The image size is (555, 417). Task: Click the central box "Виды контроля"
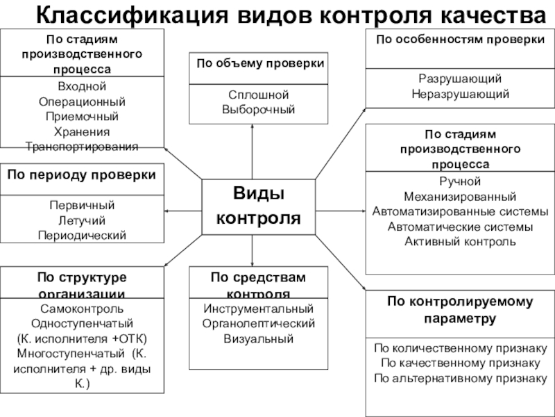pyautogui.click(x=258, y=206)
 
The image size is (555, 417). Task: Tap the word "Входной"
pyautogui.click(x=82, y=86)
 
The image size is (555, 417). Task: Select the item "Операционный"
pyautogui.click(x=82, y=101)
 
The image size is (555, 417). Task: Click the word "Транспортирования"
pyautogui.click(x=82, y=146)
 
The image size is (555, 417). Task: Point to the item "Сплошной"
pyautogui.click(x=258, y=95)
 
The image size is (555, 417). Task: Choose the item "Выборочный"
pyautogui.click(x=258, y=110)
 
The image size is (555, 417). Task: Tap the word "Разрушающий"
pyautogui.click(x=459, y=79)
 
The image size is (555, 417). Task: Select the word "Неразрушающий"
pyautogui.click(x=459, y=94)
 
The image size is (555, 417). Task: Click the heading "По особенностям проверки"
pyautogui.click(x=459, y=40)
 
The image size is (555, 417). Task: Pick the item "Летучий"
pyautogui.click(x=82, y=220)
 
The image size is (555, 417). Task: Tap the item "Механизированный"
pyautogui.click(x=459, y=197)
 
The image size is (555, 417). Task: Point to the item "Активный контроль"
pyautogui.click(x=459, y=242)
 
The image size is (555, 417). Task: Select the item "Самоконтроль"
pyautogui.click(x=82, y=309)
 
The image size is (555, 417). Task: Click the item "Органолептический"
pyautogui.click(x=258, y=324)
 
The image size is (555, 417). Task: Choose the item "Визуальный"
pyautogui.click(x=258, y=339)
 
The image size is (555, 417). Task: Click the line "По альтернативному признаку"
pyautogui.click(x=460, y=379)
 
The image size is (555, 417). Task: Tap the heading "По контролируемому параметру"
pyautogui.click(x=460, y=310)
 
